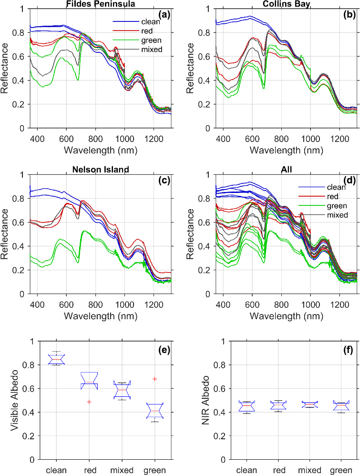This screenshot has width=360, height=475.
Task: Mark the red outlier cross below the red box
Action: pos(89,402)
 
